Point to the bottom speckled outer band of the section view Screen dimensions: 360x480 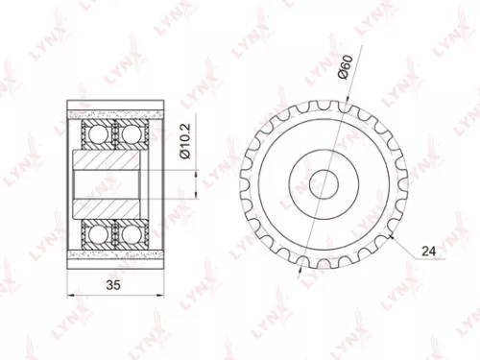click(x=113, y=253)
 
